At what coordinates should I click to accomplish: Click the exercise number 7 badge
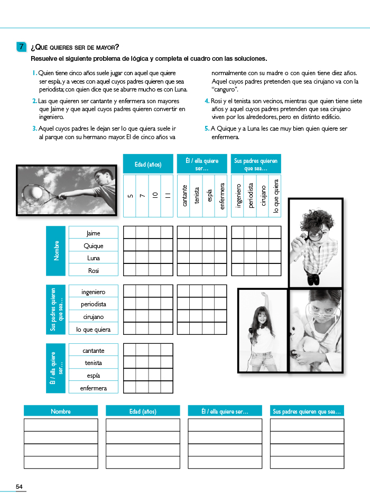[x=21, y=47]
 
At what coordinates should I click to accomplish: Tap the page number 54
[x=19, y=487]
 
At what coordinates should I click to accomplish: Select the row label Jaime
[x=93, y=233]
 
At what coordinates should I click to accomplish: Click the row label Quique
[x=93, y=245]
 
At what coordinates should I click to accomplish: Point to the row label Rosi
[x=93, y=270]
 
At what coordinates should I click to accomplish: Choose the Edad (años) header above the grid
[x=148, y=165]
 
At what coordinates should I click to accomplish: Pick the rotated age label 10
[x=155, y=196]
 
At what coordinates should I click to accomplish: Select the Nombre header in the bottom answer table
[x=61, y=411]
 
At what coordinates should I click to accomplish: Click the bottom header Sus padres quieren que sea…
[x=307, y=411]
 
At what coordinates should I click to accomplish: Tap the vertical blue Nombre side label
[x=57, y=251]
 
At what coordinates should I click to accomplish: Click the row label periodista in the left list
[x=93, y=304]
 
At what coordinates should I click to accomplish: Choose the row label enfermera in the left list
[x=93, y=388]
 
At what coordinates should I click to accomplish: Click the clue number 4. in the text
[x=207, y=101]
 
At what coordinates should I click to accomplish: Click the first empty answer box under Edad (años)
[x=143, y=425]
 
